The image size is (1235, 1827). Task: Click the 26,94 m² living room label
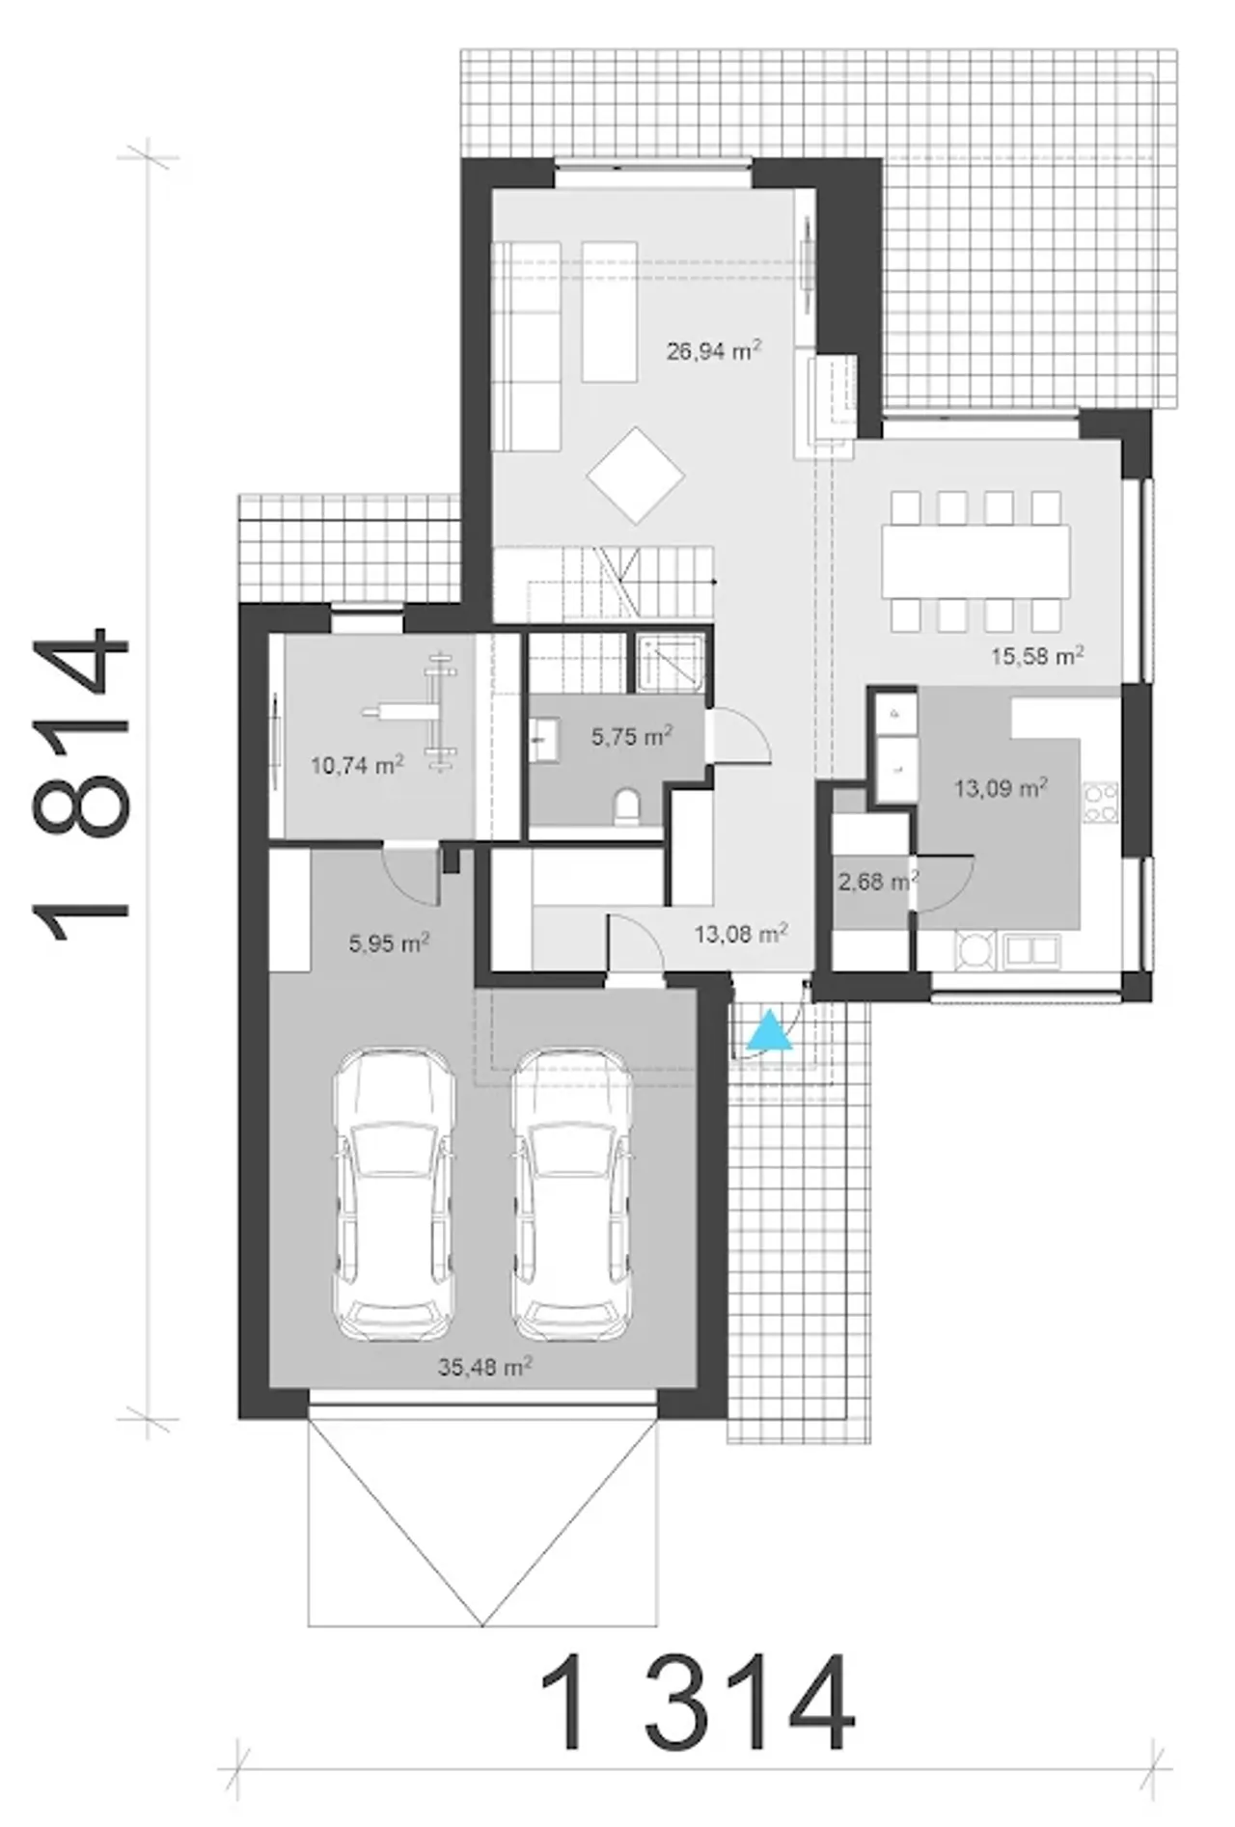(714, 350)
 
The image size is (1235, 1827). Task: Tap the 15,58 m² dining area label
(1037, 657)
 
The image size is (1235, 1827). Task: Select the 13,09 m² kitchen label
(1001, 788)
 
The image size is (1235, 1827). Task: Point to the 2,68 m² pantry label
(877, 881)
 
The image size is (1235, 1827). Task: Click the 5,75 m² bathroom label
(631, 737)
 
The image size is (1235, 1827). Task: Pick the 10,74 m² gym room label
(357, 766)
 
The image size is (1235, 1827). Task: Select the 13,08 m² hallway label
(741, 933)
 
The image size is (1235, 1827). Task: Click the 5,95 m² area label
(389, 942)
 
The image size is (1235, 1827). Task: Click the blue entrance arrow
(769, 1030)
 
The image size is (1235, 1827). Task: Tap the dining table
(975, 559)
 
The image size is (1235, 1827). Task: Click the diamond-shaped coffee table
(636, 475)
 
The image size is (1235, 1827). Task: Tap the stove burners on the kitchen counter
(1101, 804)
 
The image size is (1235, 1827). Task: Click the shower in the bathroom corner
(672, 661)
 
